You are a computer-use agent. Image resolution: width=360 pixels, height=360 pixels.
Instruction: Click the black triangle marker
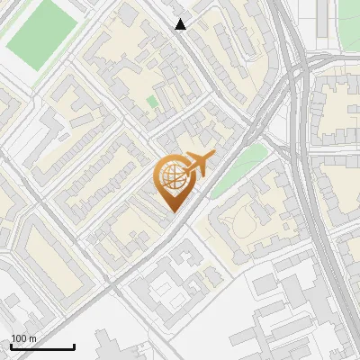[181, 24]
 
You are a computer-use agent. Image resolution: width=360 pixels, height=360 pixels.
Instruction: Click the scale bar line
[41, 346]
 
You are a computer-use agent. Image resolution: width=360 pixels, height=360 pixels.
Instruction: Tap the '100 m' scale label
[23, 338]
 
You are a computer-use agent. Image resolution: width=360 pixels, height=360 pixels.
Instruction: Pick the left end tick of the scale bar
[10, 345]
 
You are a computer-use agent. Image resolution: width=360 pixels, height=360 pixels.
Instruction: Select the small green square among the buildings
[152, 102]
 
